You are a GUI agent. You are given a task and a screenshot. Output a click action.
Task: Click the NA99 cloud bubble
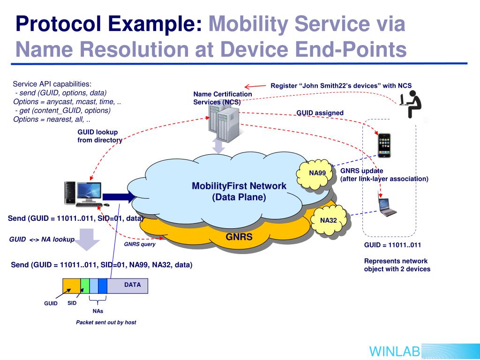(317, 173)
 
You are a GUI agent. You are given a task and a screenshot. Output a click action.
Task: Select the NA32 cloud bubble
(329, 220)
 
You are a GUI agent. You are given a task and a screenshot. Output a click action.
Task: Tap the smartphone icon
(384, 145)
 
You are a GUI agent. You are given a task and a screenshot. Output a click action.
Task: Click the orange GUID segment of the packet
(71, 285)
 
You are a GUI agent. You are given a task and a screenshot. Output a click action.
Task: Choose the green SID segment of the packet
(85, 285)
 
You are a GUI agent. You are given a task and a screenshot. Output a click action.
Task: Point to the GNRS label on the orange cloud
(239, 237)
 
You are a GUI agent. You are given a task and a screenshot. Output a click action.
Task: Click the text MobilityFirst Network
(239, 186)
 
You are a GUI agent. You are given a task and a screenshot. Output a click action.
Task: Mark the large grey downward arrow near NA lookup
(87, 239)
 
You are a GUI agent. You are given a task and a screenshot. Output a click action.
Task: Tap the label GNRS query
(139, 244)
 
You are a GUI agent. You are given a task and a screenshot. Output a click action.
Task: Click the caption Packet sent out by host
(106, 322)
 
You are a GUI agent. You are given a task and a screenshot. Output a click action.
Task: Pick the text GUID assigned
(320, 113)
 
